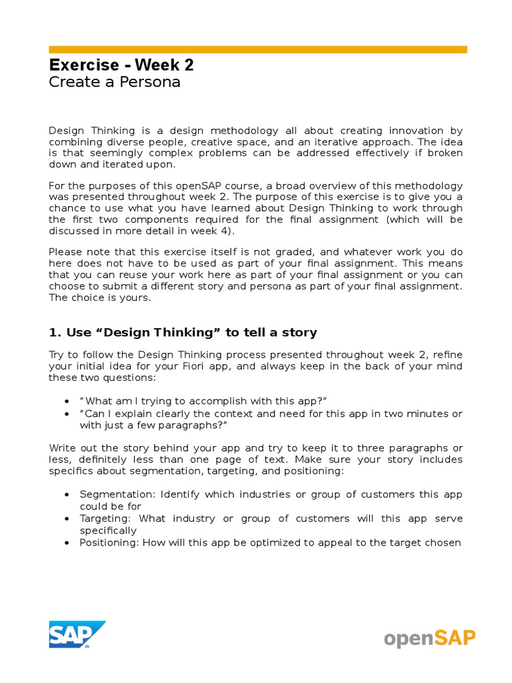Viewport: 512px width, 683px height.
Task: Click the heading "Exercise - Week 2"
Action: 121,65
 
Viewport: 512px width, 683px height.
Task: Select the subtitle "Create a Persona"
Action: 115,83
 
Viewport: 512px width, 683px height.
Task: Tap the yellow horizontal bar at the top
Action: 258,49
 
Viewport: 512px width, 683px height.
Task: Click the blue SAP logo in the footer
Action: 76,634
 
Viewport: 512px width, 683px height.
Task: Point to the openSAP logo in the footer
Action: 429,638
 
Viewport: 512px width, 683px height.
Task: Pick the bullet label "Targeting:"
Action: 103,518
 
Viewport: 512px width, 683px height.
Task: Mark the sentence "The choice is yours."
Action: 100,298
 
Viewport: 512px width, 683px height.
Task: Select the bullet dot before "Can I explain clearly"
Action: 67,414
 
